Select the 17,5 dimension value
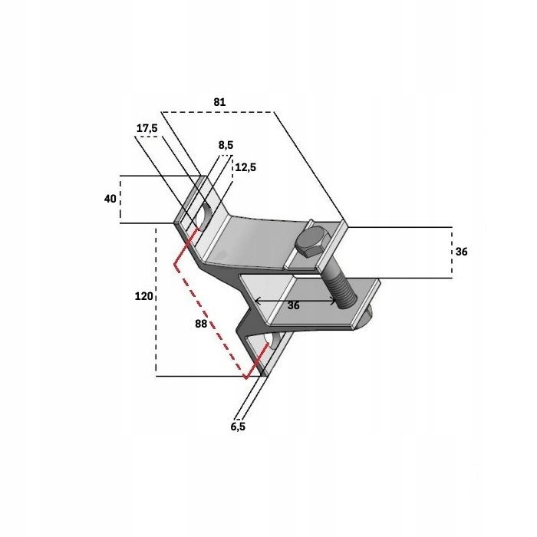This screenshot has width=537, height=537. (x=147, y=128)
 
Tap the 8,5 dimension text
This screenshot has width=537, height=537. (x=226, y=144)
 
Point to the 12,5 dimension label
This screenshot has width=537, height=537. (x=246, y=167)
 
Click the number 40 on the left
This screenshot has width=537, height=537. (x=110, y=199)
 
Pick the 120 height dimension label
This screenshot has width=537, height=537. (x=143, y=295)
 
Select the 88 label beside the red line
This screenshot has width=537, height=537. (x=201, y=324)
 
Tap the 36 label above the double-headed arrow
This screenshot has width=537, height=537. (x=293, y=305)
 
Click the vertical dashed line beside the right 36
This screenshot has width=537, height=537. (x=451, y=252)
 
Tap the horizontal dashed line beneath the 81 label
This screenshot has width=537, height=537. (x=219, y=112)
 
